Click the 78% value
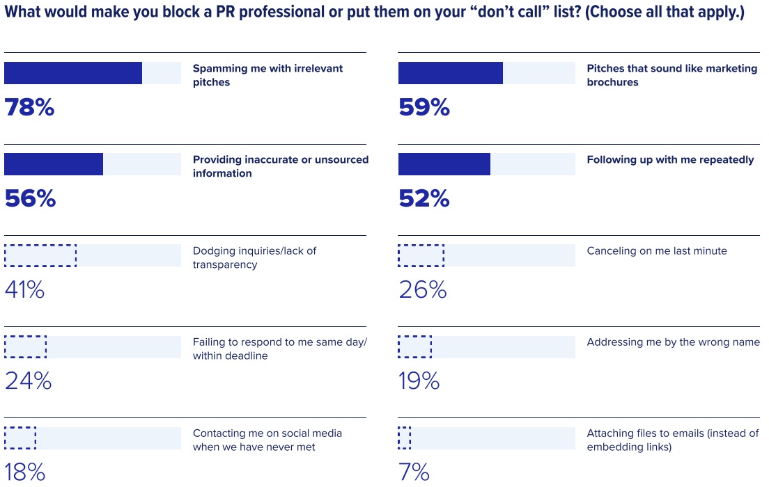pyautogui.click(x=29, y=108)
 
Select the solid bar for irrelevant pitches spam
pyautogui.click(x=73, y=73)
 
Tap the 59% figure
pyautogui.click(x=424, y=108)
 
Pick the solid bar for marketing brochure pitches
pyautogui.click(x=451, y=73)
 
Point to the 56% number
pyautogui.click(x=30, y=199)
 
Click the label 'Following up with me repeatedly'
pyautogui.click(x=670, y=159)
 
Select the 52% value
pyautogui.click(x=424, y=199)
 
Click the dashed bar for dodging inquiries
pyautogui.click(x=40, y=255)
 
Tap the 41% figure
pyautogui.click(x=25, y=290)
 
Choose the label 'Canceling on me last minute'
pyautogui.click(x=657, y=250)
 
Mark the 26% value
pyautogui.click(x=423, y=290)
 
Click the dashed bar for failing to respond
pyautogui.click(x=26, y=346)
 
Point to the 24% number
pyautogui.click(x=29, y=381)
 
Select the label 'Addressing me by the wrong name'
pyautogui.click(x=673, y=342)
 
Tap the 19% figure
pyautogui.click(x=419, y=381)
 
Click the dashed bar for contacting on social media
pyautogui.click(x=20, y=438)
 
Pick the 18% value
pyautogui.click(x=25, y=472)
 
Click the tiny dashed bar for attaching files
pyautogui.click(x=405, y=438)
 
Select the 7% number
pyautogui.click(x=414, y=472)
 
